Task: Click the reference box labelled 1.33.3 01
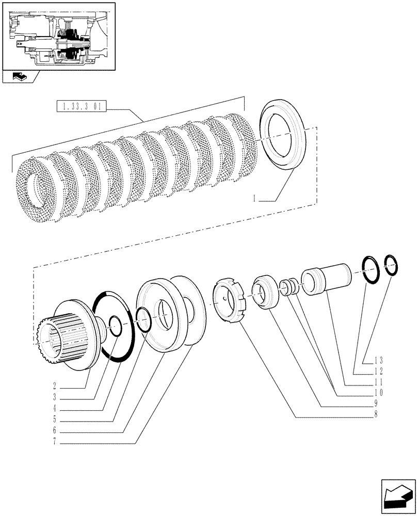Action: coord(82,108)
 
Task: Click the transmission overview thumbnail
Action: coord(58,36)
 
